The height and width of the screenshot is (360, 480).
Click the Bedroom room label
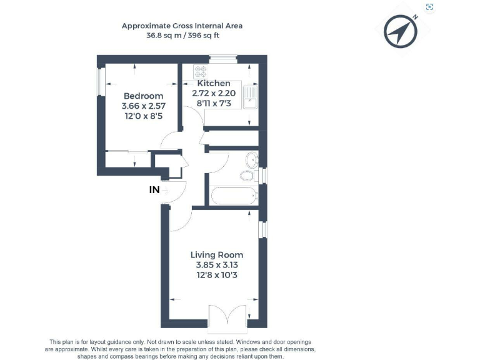143,96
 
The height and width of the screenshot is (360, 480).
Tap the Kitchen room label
214,83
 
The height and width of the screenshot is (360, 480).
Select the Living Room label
217,255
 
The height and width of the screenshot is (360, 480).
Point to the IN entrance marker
154,190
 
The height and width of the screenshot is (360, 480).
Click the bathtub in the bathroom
234,196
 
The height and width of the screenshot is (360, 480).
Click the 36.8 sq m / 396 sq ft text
182,36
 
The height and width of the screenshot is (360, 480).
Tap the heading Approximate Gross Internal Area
182,26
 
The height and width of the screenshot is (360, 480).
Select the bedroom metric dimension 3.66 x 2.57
143,106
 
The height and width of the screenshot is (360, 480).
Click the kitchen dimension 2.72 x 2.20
214,93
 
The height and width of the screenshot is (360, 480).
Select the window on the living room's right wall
263,229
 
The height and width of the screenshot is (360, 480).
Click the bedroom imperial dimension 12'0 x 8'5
143,117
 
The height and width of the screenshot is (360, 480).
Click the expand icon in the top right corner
429,7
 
